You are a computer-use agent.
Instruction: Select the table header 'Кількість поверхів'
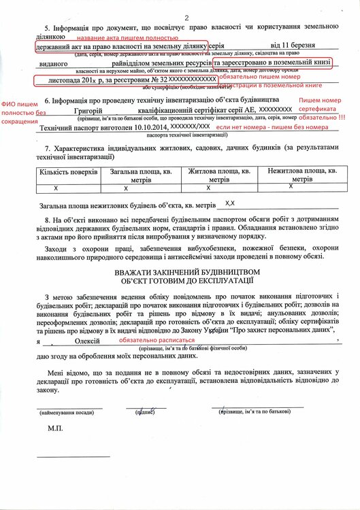click(68, 173)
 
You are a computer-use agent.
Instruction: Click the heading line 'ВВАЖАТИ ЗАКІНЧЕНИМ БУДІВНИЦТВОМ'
click(187, 272)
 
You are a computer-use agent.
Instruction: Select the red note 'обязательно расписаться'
click(156, 339)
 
